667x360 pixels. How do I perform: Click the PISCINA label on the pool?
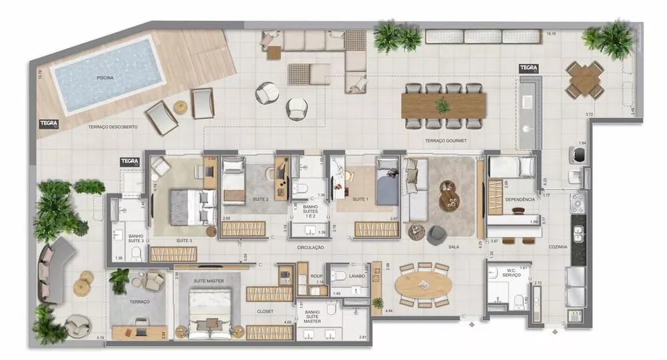click(105, 78)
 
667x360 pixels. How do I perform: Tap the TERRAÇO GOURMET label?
click(445, 141)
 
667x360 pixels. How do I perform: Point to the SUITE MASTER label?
click(209, 281)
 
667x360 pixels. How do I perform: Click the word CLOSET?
click(265, 311)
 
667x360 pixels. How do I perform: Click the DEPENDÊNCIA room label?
click(520, 199)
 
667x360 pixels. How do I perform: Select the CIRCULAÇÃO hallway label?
click(311, 247)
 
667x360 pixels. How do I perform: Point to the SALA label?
click(453, 247)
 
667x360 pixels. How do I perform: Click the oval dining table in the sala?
click(423, 285)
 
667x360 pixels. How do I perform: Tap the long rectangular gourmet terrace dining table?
click(444, 105)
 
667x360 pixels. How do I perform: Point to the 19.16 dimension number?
click(551, 33)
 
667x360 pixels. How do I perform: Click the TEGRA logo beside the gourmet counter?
click(528, 68)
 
